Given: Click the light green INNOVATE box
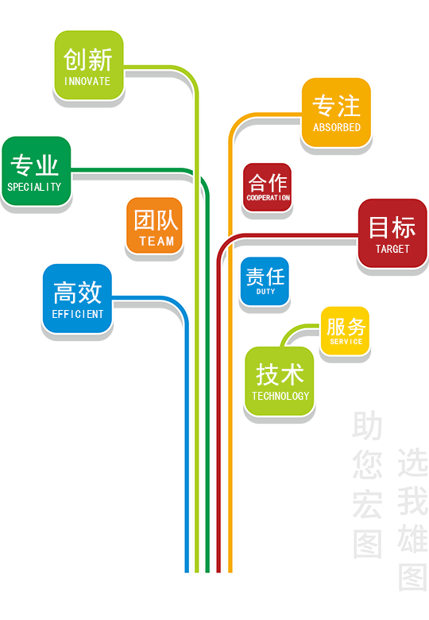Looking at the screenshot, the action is [x=89, y=65].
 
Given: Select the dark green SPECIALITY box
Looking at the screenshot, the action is [x=37, y=171].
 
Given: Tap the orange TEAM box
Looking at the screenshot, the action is [x=154, y=225].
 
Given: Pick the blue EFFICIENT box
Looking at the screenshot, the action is [x=77, y=299].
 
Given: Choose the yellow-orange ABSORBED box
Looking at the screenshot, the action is [x=336, y=112].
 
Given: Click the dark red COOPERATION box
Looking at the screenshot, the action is [x=268, y=187].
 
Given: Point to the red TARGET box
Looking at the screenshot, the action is [x=392, y=233].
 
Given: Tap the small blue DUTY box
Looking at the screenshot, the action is [x=265, y=281].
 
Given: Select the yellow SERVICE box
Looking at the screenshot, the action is [x=345, y=331].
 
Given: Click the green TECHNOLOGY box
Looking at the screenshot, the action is [x=280, y=382].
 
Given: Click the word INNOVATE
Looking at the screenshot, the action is [x=87, y=81].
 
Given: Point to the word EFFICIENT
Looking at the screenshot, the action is [x=78, y=314].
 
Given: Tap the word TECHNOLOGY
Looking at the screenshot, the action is [x=280, y=396].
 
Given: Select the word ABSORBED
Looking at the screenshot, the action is [x=337, y=127].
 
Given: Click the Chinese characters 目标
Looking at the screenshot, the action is [x=392, y=227].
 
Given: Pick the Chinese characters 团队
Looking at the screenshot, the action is [x=155, y=220].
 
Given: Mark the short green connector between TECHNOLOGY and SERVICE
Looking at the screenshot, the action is [x=296, y=330].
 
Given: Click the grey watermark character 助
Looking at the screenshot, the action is [x=367, y=425].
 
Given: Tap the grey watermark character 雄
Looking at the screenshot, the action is [x=413, y=539].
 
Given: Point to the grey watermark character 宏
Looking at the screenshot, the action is [x=367, y=504].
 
